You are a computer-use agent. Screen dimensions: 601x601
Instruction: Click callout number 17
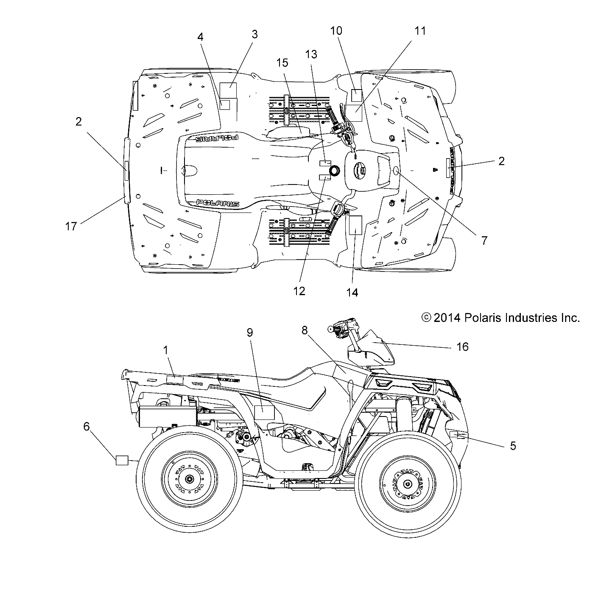pyautogui.click(x=71, y=226)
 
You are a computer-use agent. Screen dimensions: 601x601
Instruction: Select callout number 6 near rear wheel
pyautogui.click(x=87, y=426)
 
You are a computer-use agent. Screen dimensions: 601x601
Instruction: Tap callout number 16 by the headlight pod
pyautogui.click(x=462, y=347)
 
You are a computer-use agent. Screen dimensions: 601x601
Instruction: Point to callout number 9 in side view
pyautogui.click(x=249, y=333)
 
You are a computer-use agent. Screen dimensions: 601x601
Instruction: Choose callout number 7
pyautogui.click(x=484, y=240)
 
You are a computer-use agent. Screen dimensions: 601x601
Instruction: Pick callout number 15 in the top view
pyautogui.click(x=282, y=63)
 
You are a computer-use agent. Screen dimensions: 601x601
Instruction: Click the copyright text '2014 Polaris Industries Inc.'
pyautogui.click(x=500, y=318)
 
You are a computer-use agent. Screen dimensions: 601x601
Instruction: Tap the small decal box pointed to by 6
pyautogui.click(x=122, y=460)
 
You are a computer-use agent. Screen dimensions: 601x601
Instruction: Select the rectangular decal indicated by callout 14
pyautogui.click(x=354, y=225)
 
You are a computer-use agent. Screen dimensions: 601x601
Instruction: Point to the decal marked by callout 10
pyautogui.click(x=356, y=95)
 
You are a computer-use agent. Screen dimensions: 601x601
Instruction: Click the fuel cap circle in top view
pyautogui.click(x=334, y=171)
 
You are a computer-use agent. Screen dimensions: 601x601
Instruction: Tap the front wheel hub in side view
pyautogui.click(x=408, y=484)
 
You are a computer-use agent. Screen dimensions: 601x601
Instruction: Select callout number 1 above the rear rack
pyautogui.click(x=166, y=350)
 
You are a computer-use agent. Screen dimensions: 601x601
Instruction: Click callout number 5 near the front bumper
pyautogui.click(x=513, y=446)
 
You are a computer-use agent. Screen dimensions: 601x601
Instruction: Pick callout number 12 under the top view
pyautogui.click(x=299, y=291)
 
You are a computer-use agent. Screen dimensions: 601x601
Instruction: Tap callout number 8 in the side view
pyautogui.click(x=305, y=330)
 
